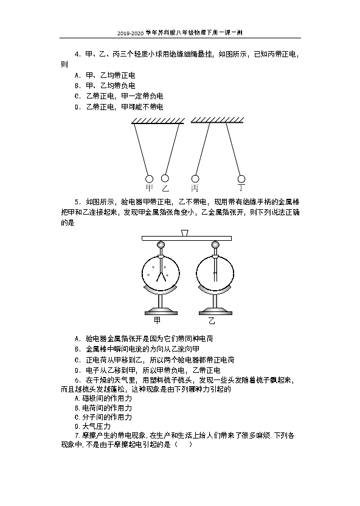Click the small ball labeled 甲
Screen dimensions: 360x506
tap(149, 178)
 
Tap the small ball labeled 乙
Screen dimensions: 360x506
tap(165, 178)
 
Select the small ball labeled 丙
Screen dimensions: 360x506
tap(195, 178)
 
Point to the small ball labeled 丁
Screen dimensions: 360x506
tap(241, 178)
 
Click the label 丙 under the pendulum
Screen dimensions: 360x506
tap(195, 188)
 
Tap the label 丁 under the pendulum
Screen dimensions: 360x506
tap(241, 187)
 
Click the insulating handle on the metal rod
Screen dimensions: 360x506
tap(184, 233)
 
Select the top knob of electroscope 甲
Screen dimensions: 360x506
tap(161, 245)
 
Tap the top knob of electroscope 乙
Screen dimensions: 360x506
tap(215, 245)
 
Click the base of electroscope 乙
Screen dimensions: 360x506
tap(215, 313)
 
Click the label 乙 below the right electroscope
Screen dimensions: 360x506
tap(212, 321)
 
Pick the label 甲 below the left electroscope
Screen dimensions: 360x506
tap(157, 321)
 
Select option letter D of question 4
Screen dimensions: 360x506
tap(77, 107)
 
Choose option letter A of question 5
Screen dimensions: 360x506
tap(77, 339)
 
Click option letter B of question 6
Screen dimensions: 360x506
tap(77, 408)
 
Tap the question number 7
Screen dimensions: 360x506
tap(77, 435)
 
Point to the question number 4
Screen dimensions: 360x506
tap(77, 54)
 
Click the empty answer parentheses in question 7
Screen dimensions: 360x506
tap(183, 445)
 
